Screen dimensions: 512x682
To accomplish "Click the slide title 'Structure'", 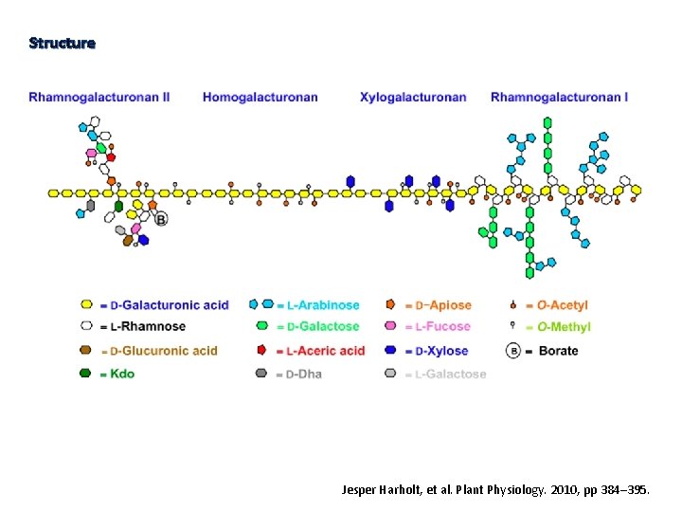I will pos(62,43).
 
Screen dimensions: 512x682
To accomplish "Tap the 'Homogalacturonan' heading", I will pos(260,97).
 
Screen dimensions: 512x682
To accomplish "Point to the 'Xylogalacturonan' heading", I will pos(413,97).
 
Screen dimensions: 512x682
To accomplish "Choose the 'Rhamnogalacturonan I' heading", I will pos(559,97).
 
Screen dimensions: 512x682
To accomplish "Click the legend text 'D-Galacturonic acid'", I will pos(170,305).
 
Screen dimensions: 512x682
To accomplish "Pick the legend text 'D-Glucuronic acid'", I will pos(164,351).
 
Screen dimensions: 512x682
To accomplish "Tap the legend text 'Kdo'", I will pos(122,374).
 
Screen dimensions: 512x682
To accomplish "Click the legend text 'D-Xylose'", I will pos(441,351).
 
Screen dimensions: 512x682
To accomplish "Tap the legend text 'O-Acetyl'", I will pos(562,305).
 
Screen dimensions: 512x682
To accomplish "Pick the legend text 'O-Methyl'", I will pos(564,327).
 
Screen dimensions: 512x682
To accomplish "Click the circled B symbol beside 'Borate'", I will pos(513,351).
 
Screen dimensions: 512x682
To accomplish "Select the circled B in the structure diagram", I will pos(161,218).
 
